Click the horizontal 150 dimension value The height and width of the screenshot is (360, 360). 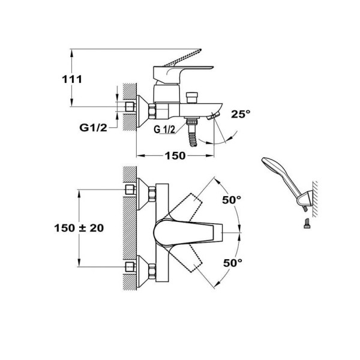point(175,156)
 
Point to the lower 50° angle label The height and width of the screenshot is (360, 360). point(232,262)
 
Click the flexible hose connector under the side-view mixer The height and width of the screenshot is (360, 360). point(193,131)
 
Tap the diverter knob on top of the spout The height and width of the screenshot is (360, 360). point(193,97)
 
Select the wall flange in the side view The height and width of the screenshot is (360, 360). point(143,110)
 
